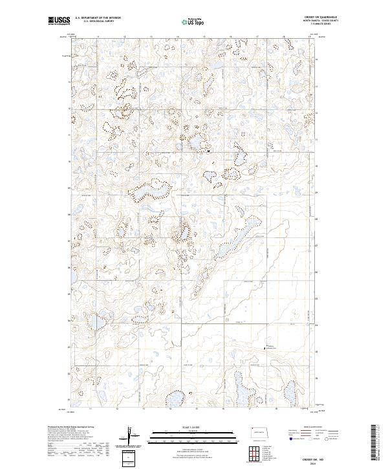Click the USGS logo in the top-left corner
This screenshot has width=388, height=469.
[x=59, y=21]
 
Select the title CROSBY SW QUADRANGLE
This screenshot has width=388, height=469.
[x=325, y=17]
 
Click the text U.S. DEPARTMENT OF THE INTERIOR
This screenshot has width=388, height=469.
[x=98, y=18]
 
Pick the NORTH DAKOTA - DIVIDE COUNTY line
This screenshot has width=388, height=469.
[x=325, y=21]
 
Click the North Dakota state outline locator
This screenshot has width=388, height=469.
[x=262, y=431]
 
